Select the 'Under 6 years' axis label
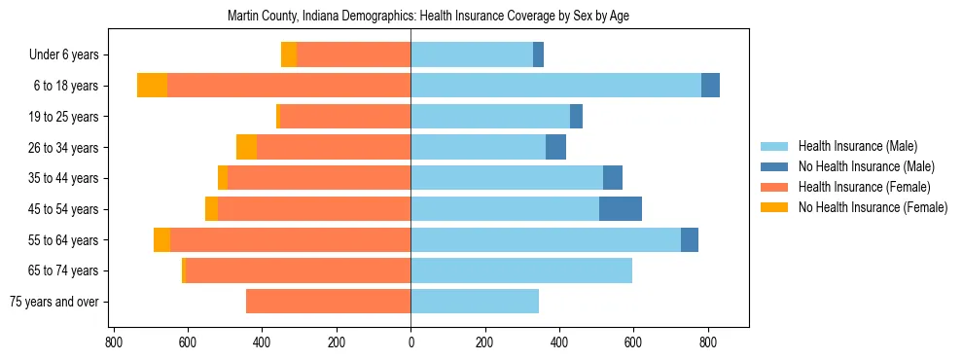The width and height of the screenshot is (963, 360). [63, 54]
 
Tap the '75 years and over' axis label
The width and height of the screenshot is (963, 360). [53, 302]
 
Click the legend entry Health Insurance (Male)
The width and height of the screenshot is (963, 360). [857, 146]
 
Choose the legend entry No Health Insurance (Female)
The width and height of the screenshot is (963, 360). [873, 207]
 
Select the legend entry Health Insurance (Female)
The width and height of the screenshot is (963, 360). [864, 187]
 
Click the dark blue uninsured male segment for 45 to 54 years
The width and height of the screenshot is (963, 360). [621, 209]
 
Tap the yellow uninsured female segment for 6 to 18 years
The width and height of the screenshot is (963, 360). [152, 86]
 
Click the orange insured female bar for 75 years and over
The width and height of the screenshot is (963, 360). [328, 302]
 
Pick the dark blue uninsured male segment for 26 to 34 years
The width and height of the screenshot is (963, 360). [555, 147]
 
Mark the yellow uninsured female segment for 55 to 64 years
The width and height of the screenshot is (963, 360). [161, 239]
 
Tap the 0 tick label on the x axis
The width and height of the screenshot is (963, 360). [410, 342]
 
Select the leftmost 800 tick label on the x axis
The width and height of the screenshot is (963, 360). [114, 342]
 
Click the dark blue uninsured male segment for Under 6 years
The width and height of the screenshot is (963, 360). [538, 54]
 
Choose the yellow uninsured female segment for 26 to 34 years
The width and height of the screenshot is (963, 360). [246, 147]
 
